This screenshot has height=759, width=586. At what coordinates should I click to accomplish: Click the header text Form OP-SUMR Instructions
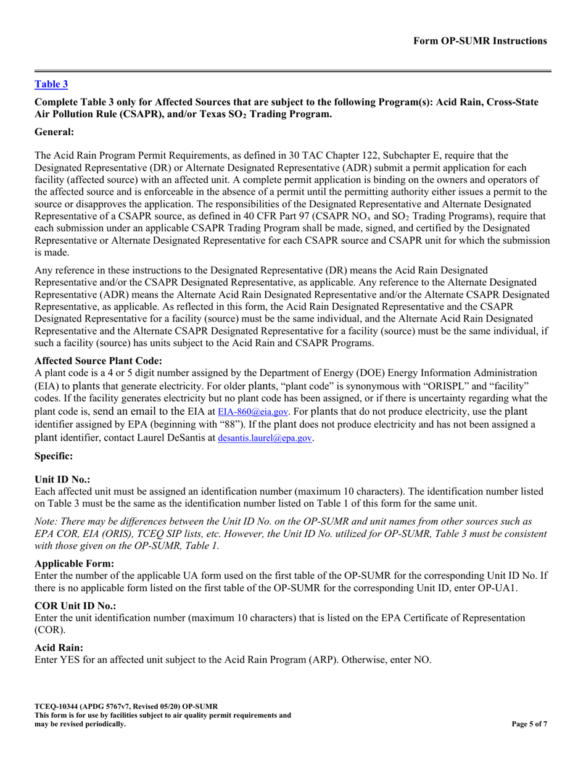pyautogui.click(x=480, y=41)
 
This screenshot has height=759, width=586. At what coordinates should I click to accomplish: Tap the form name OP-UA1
pyautogui.click(x=495, y=589)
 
